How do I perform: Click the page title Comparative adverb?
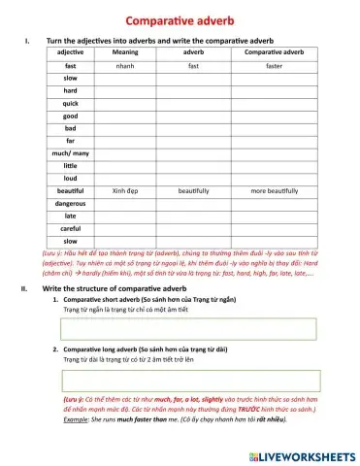pos(180,21)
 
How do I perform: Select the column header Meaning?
pos(124,51)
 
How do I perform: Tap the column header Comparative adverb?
pos(275,51)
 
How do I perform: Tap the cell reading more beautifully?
pos(275,190)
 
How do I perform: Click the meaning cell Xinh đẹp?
pos(124,190)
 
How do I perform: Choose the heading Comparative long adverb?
pos(115,347)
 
